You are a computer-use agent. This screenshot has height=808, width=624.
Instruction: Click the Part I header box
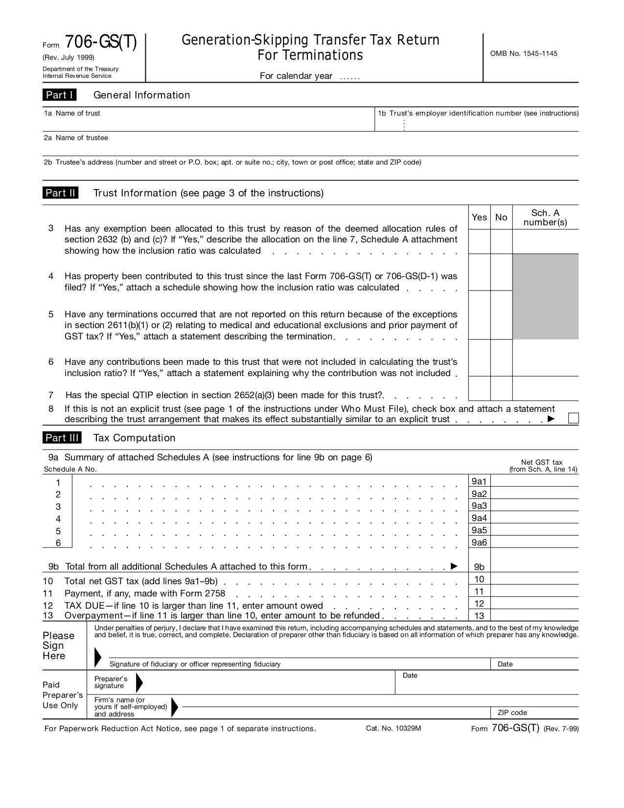pyautogui.click(x=59, y=95)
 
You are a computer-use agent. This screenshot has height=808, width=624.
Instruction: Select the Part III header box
pyautogui.click(x=62, y=438)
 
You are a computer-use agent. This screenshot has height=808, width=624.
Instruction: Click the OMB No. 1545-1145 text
pyautogui.click(x=524, y=53)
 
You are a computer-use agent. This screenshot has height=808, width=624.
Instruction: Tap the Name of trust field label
pyautogui.click(x=77, y=113)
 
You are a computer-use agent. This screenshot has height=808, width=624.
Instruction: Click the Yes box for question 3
pyautogui.click(x=479, y=241)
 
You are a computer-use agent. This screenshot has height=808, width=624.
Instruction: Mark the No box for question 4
pyautogui.click(x=501, y=272)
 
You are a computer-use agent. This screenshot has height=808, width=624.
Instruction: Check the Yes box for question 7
pyautogui.click(x=479, y=389)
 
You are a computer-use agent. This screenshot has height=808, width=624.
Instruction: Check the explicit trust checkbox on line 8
pyautogui.click(x=573, y=418)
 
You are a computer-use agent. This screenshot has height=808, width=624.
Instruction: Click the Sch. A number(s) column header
pyautogui.click(x=545, y=217)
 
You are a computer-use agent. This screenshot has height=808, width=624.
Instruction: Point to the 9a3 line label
pyautogui.click(x=479, y=506)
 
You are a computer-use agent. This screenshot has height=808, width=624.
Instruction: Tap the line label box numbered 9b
pyautogui.click(x=479, y=567)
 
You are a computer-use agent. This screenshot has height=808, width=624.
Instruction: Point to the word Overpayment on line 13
pyautogui.click(x=93, y=616)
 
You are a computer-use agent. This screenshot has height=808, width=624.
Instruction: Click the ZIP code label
pyautogui.click(x=512, y=713)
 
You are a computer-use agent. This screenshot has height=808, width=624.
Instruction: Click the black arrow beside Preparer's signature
pyautogui.click(x=139, y=682)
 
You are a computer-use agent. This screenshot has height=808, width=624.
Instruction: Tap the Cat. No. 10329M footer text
pyautogui.click(x=393, y=728)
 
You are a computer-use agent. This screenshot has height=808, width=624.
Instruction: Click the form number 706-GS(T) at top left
pyautogui.click(x=101, y=43)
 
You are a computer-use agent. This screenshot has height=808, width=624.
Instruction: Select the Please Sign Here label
pyautogui.click(x=58, y=645)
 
